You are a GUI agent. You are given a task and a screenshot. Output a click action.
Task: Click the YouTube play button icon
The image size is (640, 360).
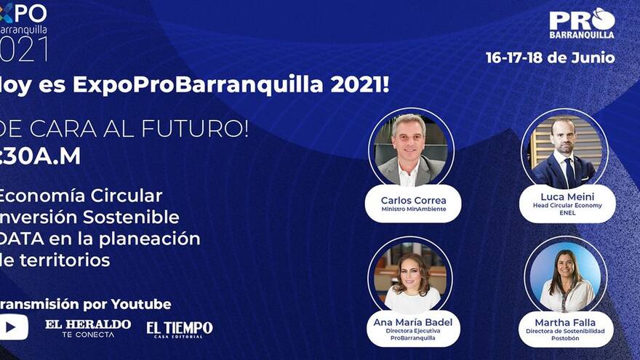point(12,327)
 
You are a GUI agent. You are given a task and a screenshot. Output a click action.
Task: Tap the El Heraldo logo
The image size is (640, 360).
point(88,327)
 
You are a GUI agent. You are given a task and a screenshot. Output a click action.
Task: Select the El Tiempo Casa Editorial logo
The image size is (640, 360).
point(180,329)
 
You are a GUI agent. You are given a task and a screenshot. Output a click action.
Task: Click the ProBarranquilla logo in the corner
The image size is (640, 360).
point(582,23)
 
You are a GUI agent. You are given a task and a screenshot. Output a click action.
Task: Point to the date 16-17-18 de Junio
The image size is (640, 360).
point(551,58)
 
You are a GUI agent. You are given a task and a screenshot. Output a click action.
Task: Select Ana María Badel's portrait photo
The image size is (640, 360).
point(411,278)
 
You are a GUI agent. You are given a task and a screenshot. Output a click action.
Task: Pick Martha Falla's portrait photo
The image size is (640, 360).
point(566,277)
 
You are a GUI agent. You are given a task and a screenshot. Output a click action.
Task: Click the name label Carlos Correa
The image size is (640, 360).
point(413,200)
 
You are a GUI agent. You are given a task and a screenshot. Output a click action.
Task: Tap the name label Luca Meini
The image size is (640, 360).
point(567,197)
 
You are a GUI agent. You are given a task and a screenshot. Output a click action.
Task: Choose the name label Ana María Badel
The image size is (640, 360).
point(413,322)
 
